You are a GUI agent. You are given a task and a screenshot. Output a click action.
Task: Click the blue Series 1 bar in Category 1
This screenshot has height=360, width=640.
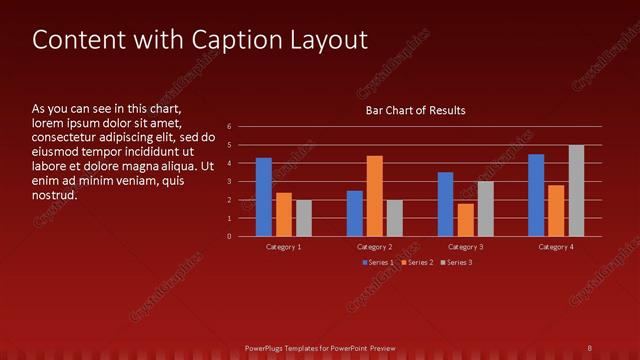click(x=264, y=197)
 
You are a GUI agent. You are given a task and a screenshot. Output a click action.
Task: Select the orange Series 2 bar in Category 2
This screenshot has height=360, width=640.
click(x=375, y=196)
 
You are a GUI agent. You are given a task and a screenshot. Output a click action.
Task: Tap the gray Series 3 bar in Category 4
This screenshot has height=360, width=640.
click(x=576, y=191)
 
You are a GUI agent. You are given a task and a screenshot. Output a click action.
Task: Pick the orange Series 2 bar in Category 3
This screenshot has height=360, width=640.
click(x=465, y=220)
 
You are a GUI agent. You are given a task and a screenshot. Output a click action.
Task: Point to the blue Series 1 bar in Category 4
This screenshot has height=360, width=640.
click(x=536, y=195)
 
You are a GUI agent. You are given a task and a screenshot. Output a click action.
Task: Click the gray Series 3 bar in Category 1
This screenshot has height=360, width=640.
click(x=304, y=218)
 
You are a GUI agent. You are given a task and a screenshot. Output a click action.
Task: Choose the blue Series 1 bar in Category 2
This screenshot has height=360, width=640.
click(x=355, y=213)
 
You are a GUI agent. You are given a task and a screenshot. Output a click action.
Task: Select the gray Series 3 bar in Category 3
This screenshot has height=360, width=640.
click(x=485, y=209)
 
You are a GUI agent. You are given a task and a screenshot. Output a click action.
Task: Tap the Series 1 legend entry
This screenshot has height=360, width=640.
click(x=378, y=262)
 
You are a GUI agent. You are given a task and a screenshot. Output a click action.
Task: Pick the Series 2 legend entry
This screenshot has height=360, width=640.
click(x=415, y=262)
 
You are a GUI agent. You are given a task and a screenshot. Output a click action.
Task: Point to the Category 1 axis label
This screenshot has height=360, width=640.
click(x=284, y=246)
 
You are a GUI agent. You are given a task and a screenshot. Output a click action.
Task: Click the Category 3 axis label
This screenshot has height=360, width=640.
click(x=465, y=246)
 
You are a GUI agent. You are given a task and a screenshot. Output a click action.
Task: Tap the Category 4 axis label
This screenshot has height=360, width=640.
click(x=556, y=246)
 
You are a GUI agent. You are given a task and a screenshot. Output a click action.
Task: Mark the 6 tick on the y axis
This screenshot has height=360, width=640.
click(x=230, y=127)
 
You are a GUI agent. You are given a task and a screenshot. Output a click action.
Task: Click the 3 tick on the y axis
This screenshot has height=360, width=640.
click(x=230, y=182)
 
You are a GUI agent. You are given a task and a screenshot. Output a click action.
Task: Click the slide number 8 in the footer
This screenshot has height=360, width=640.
click(x=590, y=348)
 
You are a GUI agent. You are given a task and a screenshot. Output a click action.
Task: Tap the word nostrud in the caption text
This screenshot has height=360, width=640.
click(x=54, y=195)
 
